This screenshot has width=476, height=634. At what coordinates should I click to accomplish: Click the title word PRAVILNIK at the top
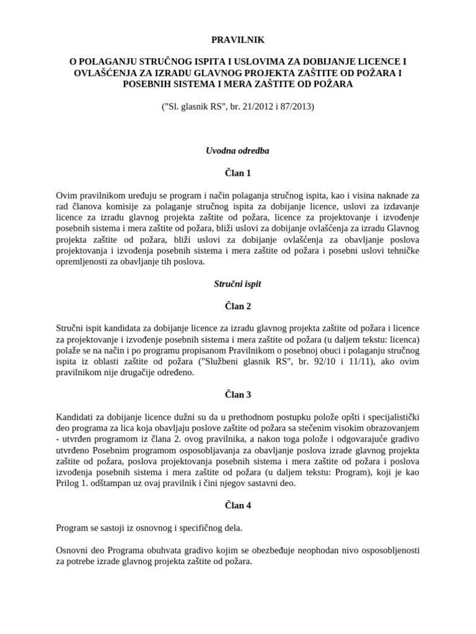(238, 40)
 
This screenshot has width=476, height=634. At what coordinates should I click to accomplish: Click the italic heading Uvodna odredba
(238, 150)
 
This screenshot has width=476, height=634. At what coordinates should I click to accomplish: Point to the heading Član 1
(238, 173)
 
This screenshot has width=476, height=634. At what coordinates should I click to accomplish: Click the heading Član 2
(238, 306)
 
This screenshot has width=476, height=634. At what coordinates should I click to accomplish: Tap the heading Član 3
(238, 394)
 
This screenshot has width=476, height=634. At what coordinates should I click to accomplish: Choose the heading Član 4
(238, 505)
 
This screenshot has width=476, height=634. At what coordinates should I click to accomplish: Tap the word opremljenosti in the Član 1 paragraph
(83, 262)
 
